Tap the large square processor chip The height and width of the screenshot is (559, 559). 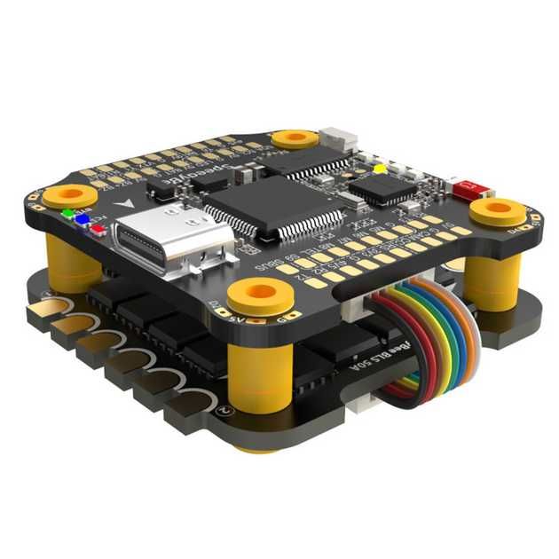pos(273,206)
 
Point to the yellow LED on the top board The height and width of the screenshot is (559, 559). pos(380,168)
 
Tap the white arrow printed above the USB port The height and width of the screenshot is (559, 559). pos(131,203)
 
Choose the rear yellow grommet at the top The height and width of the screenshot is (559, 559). pos(295,138)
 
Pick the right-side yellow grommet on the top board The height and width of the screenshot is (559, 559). pos(497,211)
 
